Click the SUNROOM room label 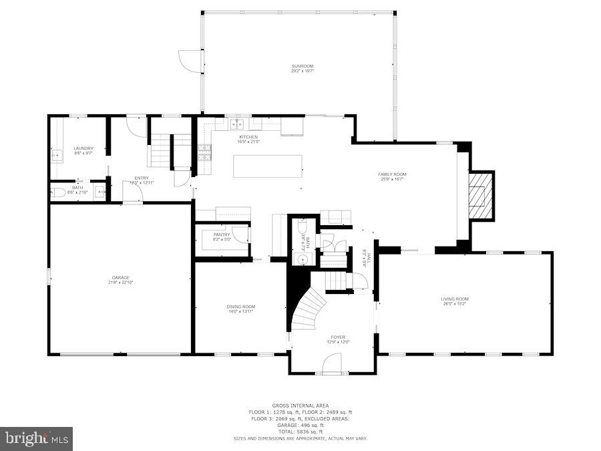pos(302,66)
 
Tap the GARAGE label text pos(120,277)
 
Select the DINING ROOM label pos(240,307)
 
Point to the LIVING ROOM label pos(454,299)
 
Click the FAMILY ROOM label pos(392,174)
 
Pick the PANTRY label pos(222,235)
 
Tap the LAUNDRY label pos(83,148)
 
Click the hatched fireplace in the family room pos(481,196)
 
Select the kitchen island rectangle pos(267,166)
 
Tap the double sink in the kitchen pos(236,124)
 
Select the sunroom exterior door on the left pos(189,61)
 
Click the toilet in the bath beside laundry pos(59,193)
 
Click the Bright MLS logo pos(37,438)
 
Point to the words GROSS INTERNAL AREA pos(300,406)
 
